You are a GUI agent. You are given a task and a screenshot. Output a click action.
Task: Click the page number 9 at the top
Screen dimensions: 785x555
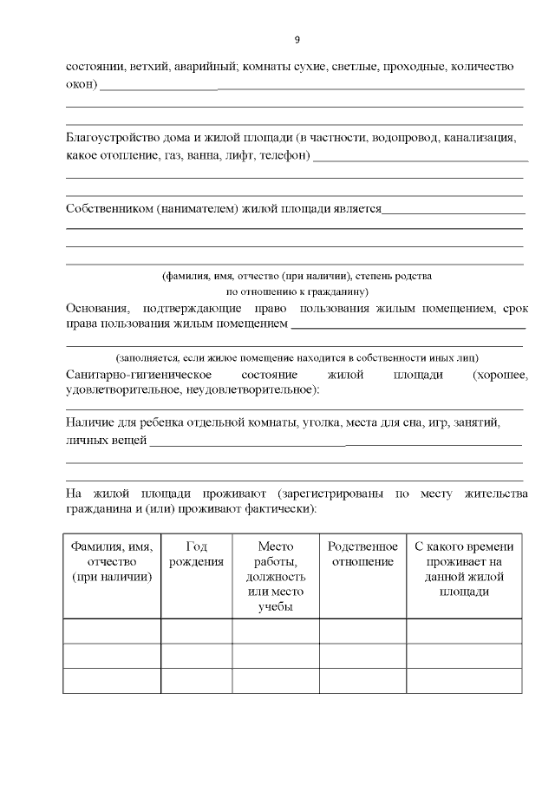pos(297,40)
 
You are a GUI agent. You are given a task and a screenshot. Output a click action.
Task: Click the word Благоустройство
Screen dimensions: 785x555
pos(110,138)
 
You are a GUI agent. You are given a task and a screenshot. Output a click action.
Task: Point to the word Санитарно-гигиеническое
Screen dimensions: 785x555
pos(139,375)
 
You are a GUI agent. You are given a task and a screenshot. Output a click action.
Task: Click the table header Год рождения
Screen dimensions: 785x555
pos(196,554)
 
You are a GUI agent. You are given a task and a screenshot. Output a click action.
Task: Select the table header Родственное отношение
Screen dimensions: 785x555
pos(362,554)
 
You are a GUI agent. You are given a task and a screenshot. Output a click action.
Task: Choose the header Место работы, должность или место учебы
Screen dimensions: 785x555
pos(275,577)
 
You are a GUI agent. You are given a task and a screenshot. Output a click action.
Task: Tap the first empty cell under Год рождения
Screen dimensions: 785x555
pos(196,631)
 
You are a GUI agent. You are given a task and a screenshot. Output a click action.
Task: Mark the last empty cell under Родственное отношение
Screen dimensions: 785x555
pos(362,681)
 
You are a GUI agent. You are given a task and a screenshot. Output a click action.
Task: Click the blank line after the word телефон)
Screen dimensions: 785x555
pos(421,160)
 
